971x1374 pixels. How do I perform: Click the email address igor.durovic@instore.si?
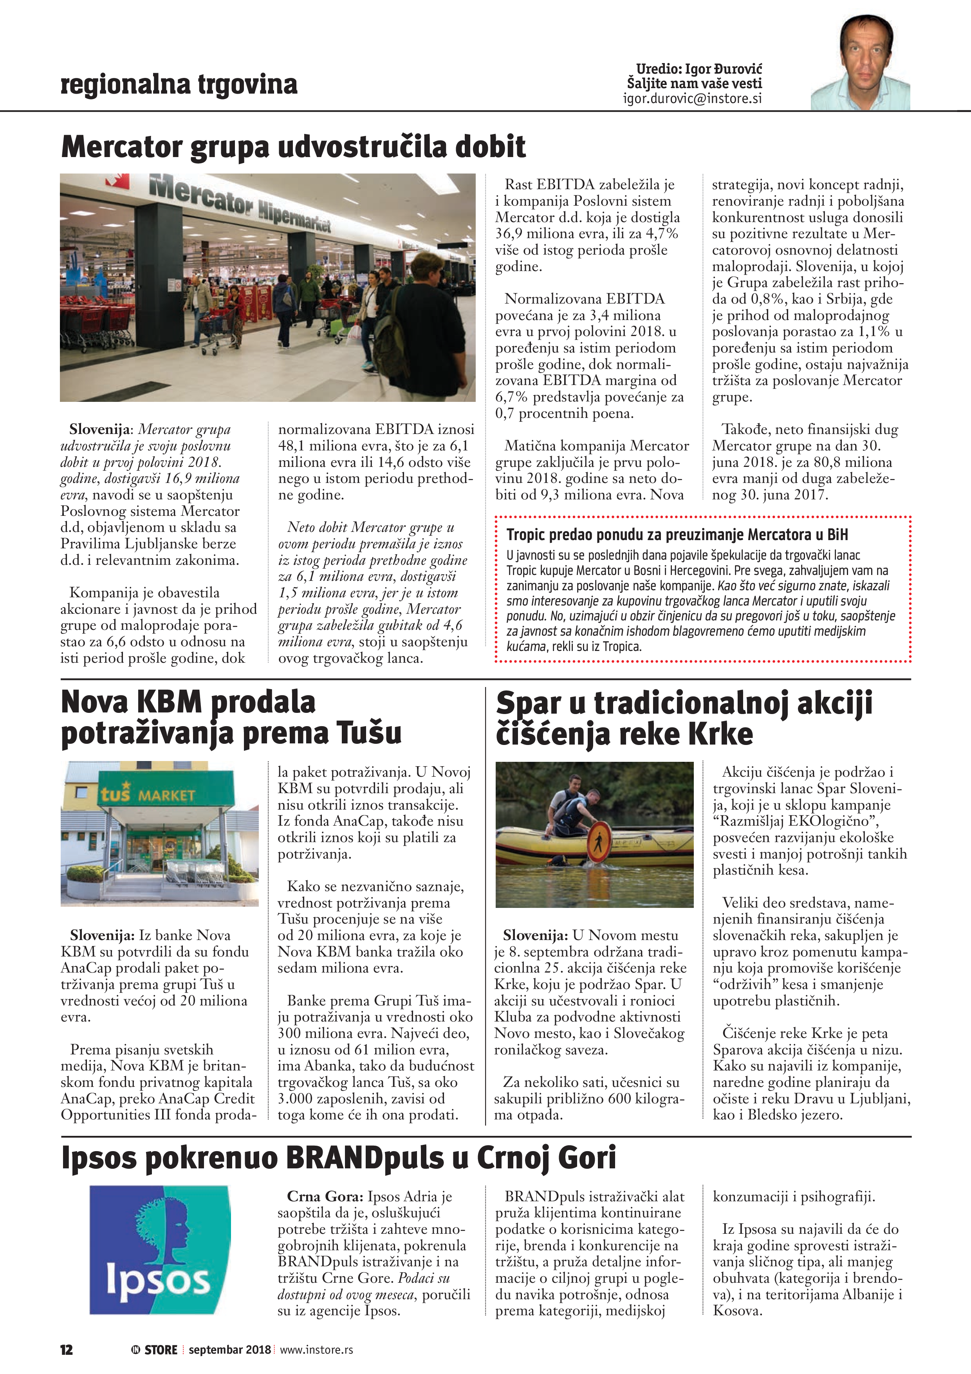(x=692, y=99)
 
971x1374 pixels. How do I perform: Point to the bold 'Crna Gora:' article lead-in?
(x=325, y=1196)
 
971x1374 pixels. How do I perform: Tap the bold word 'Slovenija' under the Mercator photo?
(x=99, y=429)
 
